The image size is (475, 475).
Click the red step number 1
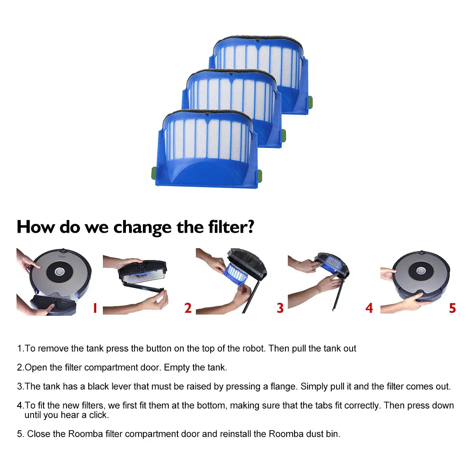click(95, 308)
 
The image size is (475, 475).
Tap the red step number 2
click(188, 308)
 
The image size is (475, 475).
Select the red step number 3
click(280, 308)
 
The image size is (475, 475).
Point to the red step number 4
click(369, 308)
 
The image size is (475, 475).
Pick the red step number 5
click(452, 308)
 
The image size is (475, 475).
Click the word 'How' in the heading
click(36, 227)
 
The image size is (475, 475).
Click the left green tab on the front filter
click(154, 173)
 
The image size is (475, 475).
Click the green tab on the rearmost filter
click(310, 102)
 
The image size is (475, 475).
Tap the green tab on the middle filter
click(284, 135)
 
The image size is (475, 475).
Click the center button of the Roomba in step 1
click(59, 272)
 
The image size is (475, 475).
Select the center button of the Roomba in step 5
click(421, 271)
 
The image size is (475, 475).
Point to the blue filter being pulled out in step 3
click(236, 274)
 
